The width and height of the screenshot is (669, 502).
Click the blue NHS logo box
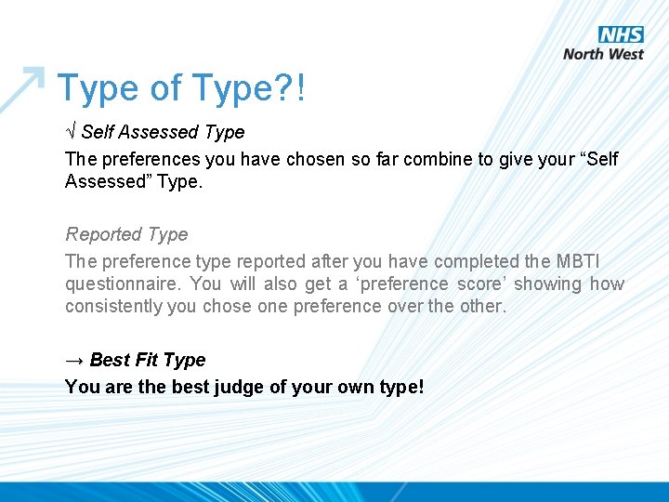coord(621,35)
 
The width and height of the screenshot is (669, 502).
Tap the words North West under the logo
coord(603,54)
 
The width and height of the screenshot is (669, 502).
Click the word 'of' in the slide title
coord(165,88)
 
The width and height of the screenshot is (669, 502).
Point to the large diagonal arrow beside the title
coord(23,89)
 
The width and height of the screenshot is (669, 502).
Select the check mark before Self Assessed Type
coord(71,132)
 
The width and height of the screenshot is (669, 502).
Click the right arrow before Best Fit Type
coord(74,360)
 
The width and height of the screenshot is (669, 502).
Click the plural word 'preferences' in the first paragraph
coord(147,159)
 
